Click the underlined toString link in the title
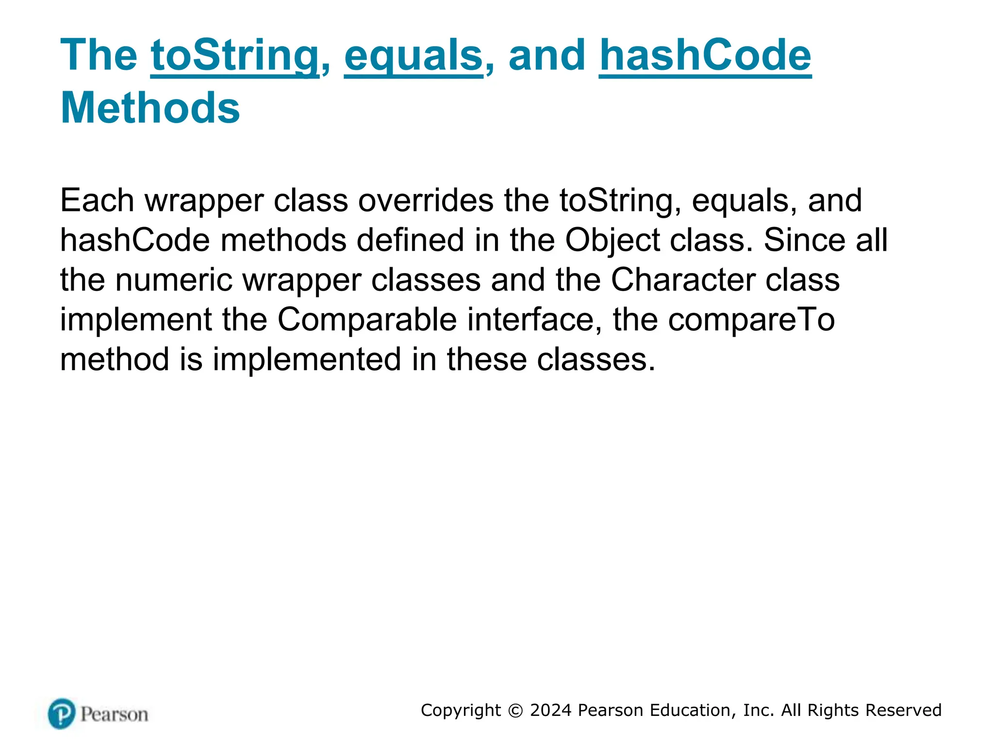coord(234,56)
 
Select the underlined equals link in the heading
coord(414,56)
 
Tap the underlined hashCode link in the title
coord(705,56)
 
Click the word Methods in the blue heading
coord(150,108)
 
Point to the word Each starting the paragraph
coord(97,200)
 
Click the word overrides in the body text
coord(426,200)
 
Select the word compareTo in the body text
coord(751,320)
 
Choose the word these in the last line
coord(487,359)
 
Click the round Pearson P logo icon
coord(62,713)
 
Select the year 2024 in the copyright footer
coord(550,710)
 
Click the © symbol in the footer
coord(515,711)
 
